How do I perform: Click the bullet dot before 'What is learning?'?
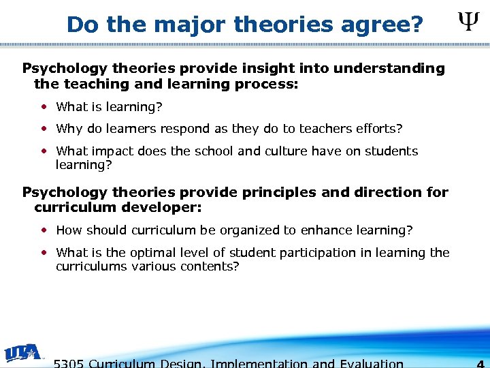click(x=44, y=106)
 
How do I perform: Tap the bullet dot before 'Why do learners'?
click(x=44, y=128)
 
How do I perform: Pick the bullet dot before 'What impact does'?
click(x=44, y=151)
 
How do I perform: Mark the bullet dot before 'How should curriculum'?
click(x=44, y=230)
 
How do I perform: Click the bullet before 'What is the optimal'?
click(x=44, y=252)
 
